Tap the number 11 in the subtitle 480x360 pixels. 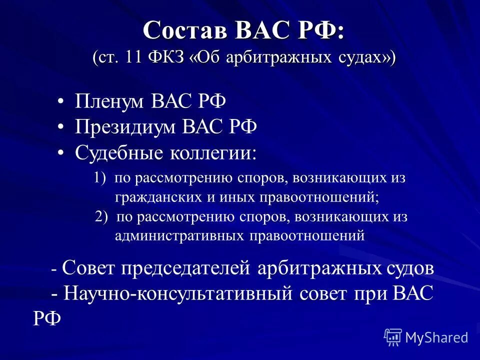(x=133, y=56)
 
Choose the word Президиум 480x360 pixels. (x=124, y=127)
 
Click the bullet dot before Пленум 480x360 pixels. (x=60, y=102)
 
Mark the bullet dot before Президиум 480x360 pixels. (x=60, y=127)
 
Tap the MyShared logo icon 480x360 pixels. (x=393, y=337)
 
